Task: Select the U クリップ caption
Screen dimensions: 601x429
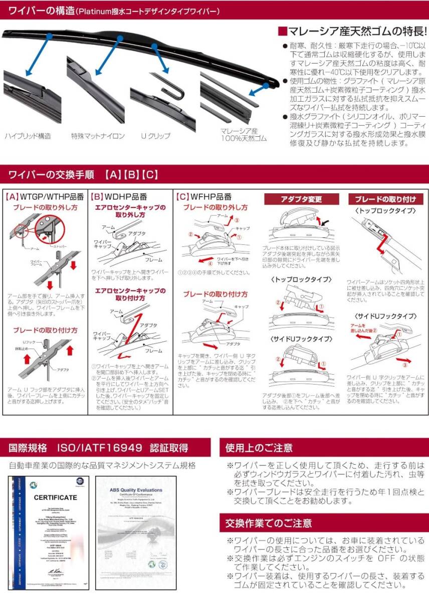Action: point(155,136)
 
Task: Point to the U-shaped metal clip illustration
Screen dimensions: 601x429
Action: point(169,85)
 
